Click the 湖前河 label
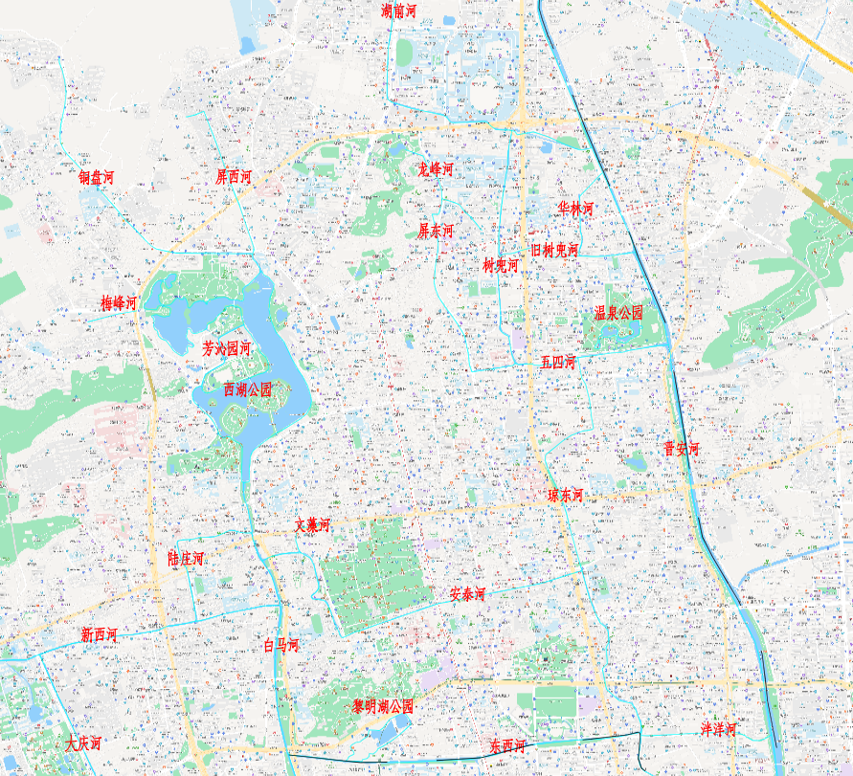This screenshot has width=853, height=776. (x=398, y=11)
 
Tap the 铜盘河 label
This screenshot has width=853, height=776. (x=97, y=177)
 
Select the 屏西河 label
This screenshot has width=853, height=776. (x=234, y=176)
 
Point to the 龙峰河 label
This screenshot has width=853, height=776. (x=435, y=169)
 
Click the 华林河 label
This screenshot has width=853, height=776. (x=576, y=209)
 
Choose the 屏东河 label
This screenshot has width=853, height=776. (x=436, y=231)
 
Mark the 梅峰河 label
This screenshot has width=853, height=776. (x=119, y=302)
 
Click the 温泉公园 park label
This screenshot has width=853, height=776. (x=617, y=313)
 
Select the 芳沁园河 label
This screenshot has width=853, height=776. (x=227, y=348)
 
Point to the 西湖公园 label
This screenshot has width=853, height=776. (x=247, y=389)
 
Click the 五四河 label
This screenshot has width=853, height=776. (x=557, y=362)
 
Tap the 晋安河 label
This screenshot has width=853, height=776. (x=682, y=448)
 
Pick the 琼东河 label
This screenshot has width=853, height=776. (x=565, y=495)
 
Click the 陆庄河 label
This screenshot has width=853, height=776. (x=186, y=558)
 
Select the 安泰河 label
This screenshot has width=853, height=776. (x=467, y=594)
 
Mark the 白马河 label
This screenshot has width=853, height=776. (x=281, y=645)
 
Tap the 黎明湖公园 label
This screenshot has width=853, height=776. (x=383, y=706)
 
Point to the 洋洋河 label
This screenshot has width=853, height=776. (x=717, y=729)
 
